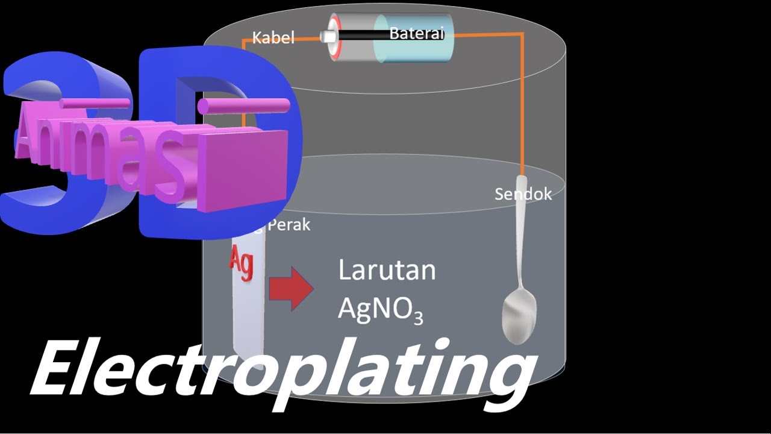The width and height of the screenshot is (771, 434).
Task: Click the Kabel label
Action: pos(273,38)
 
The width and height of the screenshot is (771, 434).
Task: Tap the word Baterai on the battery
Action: pos(416,33)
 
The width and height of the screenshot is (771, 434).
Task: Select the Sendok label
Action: pos(523,194)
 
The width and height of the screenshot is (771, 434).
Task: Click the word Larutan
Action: pos(387,270)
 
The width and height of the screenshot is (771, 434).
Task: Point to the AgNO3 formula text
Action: pos(380,309)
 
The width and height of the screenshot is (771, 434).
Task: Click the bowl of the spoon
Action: pos(519,316)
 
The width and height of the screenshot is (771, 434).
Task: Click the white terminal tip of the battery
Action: pos(328,37)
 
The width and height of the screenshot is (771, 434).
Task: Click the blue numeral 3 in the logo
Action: pos(42,145)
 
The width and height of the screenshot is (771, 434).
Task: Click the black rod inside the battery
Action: pos(361,36)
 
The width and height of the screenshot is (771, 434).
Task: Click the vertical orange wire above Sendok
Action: pos(522,108)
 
